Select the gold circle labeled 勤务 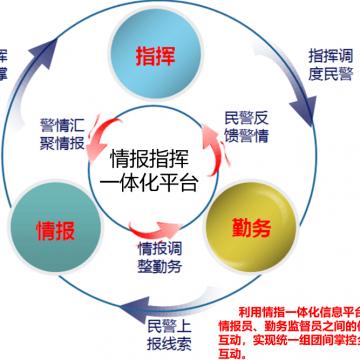(241, 227)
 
